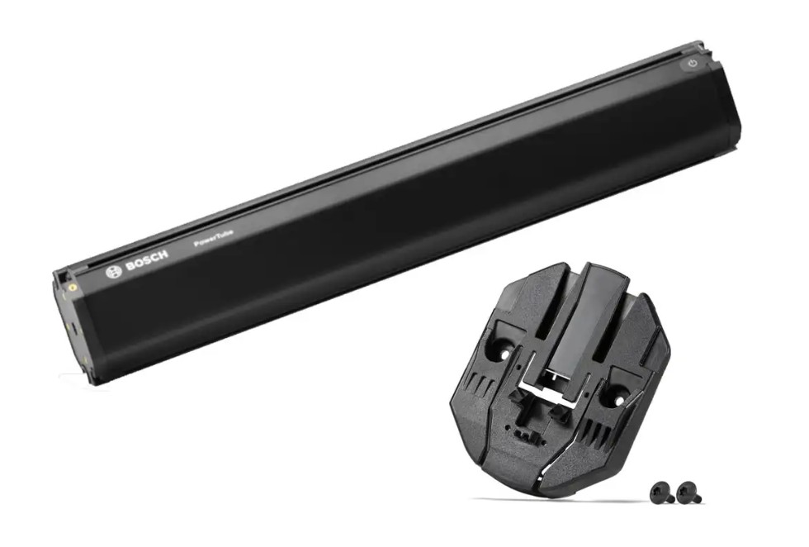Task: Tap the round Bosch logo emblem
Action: tap(114, 272)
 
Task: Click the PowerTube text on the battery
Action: tap(213, 240)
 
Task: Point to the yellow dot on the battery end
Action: tap(73, 283)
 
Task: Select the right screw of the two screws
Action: tap(688, 492)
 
